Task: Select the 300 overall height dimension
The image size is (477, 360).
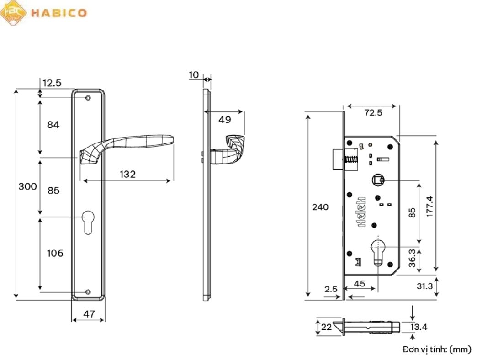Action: pyautogui.click(x=27, y=187)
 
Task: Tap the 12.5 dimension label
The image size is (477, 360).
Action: pyautogui.click(x=52, y=83)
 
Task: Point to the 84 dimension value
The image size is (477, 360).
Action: pyautogui.click(x=53, y=125)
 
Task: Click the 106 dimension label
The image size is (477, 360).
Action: pyautogui.click(x=55, y=253)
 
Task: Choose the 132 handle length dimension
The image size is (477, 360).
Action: pyautogui.click(x=127, y=174)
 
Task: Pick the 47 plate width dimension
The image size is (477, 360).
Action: pyautogui.click(x=89, y=314)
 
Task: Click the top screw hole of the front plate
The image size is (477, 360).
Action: pyautogui.click(x=88, y=97)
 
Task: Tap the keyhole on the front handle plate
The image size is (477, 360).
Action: pyautogui.click(x=88, y=221)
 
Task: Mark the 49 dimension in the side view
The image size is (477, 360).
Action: pyautogui.click(x=224, y=120)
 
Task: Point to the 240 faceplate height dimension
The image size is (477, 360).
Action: pyautogui.click(x=320, y=207)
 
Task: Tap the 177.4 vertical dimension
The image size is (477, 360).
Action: pyautogui.click(x=429, y=206)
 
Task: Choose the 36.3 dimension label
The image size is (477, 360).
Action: pyautogui.click(x=412, y=258)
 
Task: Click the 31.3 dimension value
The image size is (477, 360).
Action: pyautogui.click(x=424, y=286)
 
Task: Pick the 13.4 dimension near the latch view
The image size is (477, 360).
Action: pyautogui.click(x=419, y=327)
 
